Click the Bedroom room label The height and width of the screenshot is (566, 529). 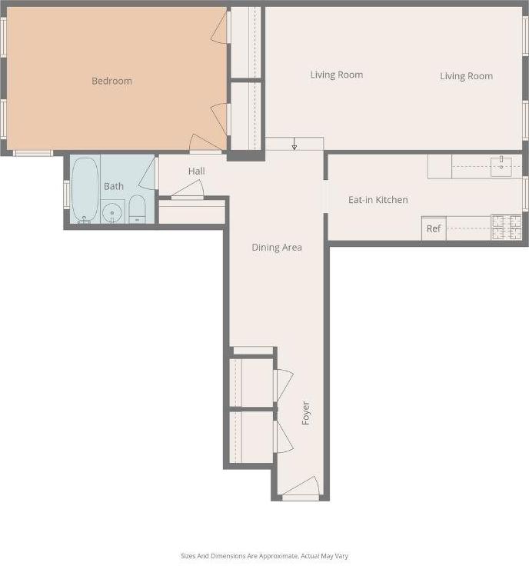[x=111, y=81]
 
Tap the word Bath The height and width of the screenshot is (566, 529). [x=114, y=186]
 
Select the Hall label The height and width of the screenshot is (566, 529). [x=196, y=171]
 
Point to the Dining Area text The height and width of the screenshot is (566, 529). [x=277, y=248]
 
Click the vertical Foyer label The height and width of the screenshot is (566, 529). [x=305, y=413]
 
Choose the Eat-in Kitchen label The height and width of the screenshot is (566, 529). [x=378, y=200]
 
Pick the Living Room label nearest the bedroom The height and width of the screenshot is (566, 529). [x=337, y=75]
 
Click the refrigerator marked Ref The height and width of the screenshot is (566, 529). [x=434, y=228]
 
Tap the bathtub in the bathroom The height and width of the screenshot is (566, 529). [x=85, y=189]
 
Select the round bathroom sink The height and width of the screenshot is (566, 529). [x=112, y=211]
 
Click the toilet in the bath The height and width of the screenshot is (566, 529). [x=137, y=208]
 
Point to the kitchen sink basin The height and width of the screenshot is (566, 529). [x=501, y=165]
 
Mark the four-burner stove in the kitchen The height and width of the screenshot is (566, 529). [x=505, y=228]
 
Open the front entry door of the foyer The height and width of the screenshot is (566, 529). [x=301, y=488]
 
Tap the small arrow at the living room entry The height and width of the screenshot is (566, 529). [x=294, y=146]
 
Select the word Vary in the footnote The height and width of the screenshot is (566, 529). [x=342, y=556]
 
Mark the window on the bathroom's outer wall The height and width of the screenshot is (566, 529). [x=66, y=194]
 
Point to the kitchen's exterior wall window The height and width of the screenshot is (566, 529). [x=525, y=194]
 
